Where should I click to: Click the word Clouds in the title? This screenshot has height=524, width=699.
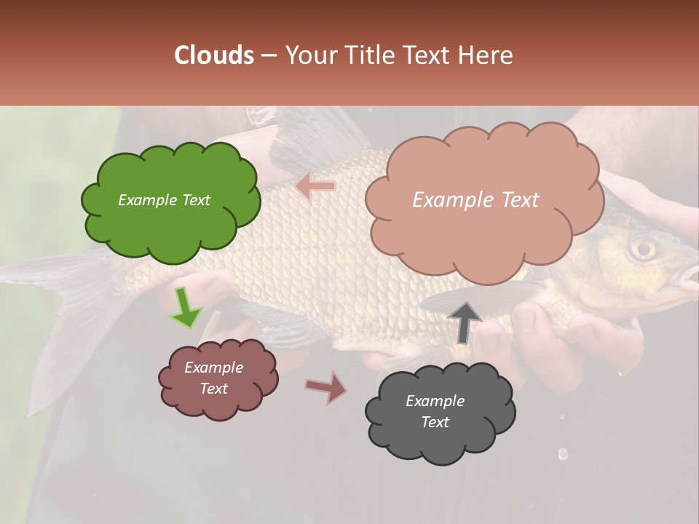(x=214, y=55)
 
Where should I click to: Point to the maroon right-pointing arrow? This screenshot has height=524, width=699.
(x=327, y=388)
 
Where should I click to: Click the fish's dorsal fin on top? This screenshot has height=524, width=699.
(x=306, y=138)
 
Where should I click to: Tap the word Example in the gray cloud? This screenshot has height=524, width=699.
(x=435, y=401)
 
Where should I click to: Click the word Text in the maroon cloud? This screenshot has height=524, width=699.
(x=214, y=389)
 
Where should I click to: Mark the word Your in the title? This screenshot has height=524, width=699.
(x=309, y=55)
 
